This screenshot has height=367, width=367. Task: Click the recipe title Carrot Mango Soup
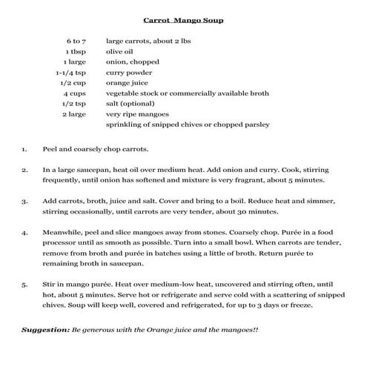click(182, 20)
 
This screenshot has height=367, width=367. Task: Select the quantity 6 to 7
click(76, 42)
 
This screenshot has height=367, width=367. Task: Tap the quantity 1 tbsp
click(76, 52)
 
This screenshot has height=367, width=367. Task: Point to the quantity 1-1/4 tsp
click(71, 73)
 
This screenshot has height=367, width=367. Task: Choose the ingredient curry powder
click(130, 73)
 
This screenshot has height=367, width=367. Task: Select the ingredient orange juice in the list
click(128, 83)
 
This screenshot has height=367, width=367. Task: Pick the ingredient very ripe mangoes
click(137, 114)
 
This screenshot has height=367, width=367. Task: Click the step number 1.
click(24, 148)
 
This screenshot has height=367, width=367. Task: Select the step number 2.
click(24, 170)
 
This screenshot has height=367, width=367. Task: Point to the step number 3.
click(24, 201)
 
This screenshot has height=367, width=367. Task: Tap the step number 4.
click(24, 232)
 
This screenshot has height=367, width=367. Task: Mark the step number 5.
click(24, 284)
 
